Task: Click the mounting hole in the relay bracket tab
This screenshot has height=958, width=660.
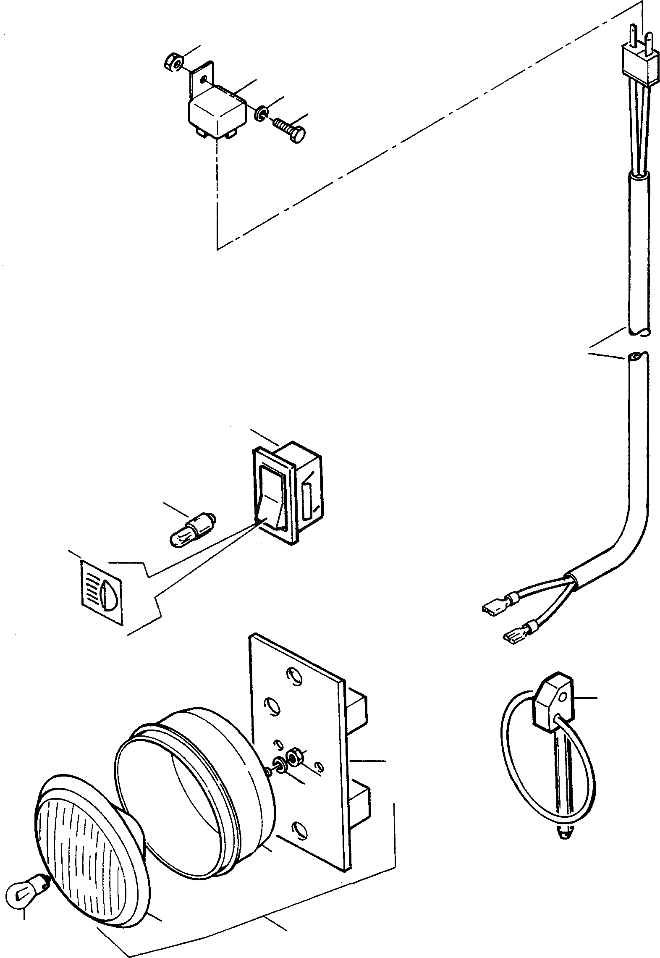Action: click(x=204, y=79)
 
